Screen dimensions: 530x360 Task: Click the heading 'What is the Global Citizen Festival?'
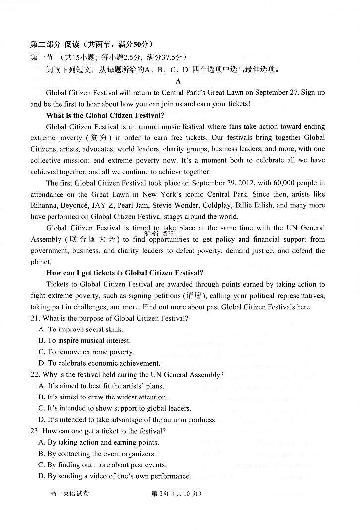[x=105, y=115]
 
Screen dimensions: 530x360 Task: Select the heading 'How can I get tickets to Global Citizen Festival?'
[x=124, y=273]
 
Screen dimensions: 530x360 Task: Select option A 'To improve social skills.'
[x=81, y=330]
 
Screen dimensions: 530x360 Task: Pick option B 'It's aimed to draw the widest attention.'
[x=103, y=397]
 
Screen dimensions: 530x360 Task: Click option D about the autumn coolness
[x=127, y=420]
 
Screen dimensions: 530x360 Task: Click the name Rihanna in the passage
[x=44, y=205]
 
